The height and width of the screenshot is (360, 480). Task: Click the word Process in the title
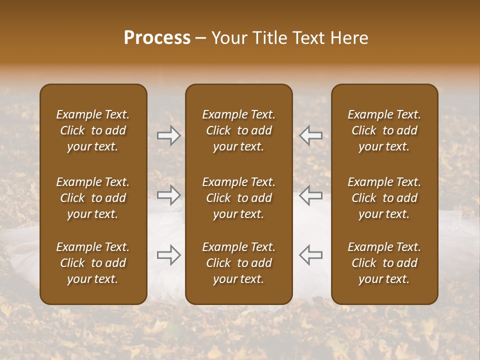(x=157, y=38)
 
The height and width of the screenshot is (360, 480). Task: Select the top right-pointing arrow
(x=169, y=135)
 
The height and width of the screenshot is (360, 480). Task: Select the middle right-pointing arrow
(x=169, y=195)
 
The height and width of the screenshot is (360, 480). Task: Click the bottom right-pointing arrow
(x=169, y=255)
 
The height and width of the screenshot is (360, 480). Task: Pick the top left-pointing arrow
(x=311, y=135)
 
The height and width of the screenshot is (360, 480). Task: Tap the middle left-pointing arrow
(x=311, y=195)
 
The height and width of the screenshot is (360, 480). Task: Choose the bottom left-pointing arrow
(x=311, y=255)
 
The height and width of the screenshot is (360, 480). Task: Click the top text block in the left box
(x=93, y=130)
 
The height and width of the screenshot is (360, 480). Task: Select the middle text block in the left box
(x=93, y=198)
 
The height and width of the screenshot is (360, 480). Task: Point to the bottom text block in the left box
(x=93, y=263)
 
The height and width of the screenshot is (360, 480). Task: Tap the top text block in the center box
(x=238, y=130)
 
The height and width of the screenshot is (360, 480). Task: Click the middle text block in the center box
(x=238, y=198)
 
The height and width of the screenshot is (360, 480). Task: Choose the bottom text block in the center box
(x=238, y=263)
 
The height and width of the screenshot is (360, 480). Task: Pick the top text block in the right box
(x=384, y=130)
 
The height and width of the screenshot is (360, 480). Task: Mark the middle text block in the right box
(x=384, y=198)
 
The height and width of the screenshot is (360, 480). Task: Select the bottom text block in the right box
(x=384, y=263)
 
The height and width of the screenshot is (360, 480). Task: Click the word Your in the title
(x=227, y=38)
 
